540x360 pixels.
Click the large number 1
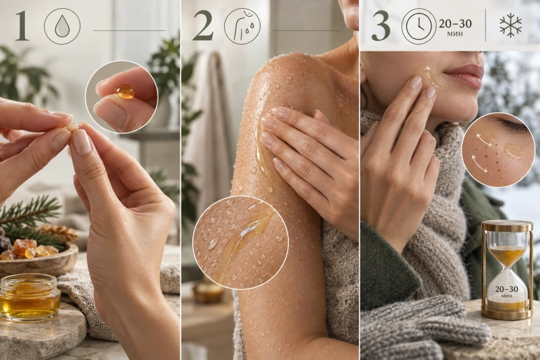23,26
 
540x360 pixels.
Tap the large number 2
202,26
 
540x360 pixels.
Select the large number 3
381,26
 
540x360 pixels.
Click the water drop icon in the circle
62,26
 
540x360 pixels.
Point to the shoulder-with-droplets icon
242,26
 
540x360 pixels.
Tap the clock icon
418,26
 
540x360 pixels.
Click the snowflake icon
510,26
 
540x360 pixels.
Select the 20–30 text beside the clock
455,24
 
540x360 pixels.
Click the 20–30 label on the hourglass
506,289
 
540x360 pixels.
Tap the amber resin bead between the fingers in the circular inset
124,91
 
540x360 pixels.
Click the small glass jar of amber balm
30,298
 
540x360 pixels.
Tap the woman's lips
463,75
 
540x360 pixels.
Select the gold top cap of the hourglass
506,226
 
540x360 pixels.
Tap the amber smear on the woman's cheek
431,76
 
